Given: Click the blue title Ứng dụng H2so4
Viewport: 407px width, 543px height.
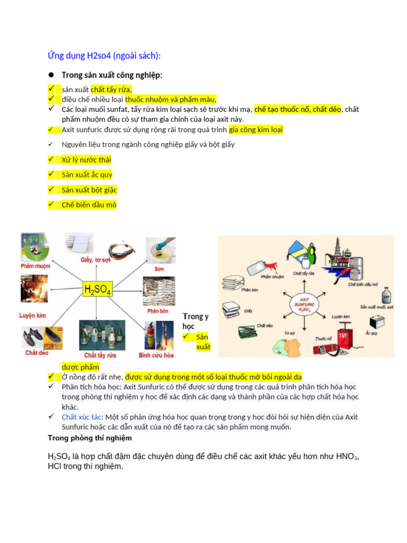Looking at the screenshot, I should point(104,56).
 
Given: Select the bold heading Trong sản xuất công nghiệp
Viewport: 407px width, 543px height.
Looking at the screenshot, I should point(112,75).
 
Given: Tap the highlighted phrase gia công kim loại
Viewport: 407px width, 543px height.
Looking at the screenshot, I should point(256,129).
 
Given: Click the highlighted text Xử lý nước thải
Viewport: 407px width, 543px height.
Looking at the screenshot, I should point(86,160).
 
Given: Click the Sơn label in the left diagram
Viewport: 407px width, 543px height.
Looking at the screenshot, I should point(159,269).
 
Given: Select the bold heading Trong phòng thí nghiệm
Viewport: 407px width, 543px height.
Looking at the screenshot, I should point(90,438).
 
